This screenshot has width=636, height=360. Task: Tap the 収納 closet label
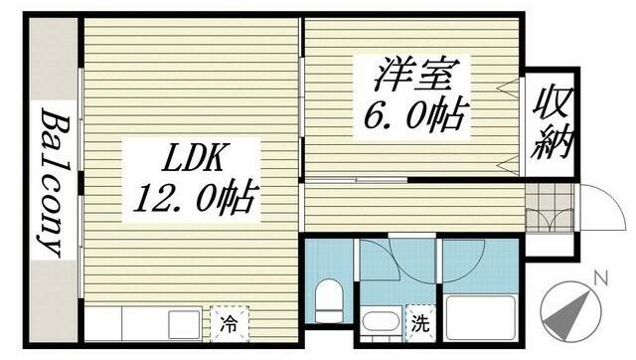tap(552, 123)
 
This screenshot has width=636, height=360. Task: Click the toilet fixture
tap(328, 298)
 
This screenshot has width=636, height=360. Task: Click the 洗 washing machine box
tap(421, 321)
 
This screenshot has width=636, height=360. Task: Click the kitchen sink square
tap(185, 323)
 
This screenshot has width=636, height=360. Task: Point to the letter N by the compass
tap(597, 277)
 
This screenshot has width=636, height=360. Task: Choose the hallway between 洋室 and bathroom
tap(412, 207)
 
